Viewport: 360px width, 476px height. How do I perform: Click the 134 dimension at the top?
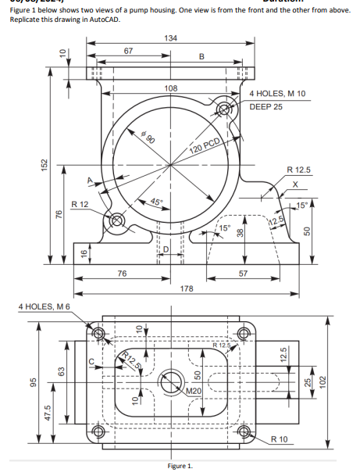coord(170,38)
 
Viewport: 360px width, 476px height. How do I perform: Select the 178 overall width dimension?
coord(187,289)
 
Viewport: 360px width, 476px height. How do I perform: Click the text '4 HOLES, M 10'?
coord(278,94)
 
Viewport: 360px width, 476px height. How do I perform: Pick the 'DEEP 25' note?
coord(266,106)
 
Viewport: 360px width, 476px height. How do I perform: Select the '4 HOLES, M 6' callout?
coord(45,306)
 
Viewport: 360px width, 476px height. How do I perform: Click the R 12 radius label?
coord(80,204)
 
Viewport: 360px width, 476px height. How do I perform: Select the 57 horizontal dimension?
coord(243,274)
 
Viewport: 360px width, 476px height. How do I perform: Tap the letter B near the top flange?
coord(201,55)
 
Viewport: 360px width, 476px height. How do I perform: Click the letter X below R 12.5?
coord(295,184)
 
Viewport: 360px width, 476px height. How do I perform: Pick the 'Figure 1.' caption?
coord(180,467)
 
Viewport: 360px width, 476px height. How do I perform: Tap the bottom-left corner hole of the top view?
coord(100,442)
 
